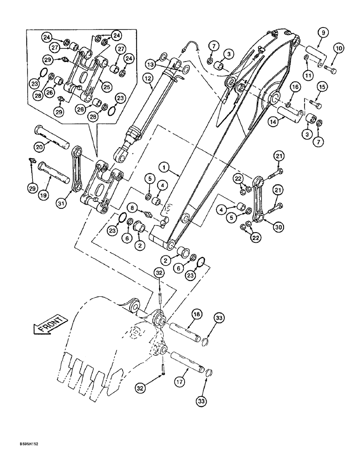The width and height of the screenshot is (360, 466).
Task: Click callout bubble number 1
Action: pos(164,166)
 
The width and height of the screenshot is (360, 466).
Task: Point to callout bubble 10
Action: pos(338,48)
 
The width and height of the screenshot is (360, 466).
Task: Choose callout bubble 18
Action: pos(196,315)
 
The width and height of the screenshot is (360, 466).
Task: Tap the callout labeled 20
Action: pos(40,146)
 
